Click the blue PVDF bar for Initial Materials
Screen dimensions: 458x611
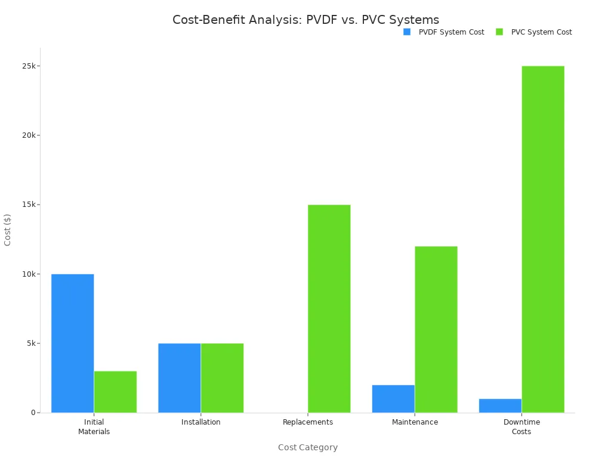pos(72,343)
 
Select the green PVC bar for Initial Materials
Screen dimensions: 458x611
pos(115,392)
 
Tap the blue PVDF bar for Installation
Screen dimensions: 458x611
pos(179,377)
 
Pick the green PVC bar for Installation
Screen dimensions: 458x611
pos(222,377)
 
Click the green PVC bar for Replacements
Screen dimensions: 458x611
pos(329,308)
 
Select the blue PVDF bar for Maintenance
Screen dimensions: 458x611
pos(393,398)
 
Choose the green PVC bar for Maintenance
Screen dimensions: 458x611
pos(436,329)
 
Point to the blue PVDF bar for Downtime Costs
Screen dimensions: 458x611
pos(500,406)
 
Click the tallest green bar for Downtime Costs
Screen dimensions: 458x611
pos(542,239)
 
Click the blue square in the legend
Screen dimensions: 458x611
pos(407,32)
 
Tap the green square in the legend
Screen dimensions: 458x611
pos(499,32)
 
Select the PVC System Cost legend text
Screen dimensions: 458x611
pos(541,32)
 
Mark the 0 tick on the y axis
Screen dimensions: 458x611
pos(34,413)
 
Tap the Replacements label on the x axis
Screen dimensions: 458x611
pos(308,422)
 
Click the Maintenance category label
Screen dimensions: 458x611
pos(415,422)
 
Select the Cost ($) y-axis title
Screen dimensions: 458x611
pos(8,230)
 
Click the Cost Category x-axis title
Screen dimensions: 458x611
pos(308,447)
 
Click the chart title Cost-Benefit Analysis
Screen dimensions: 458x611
pos(305,20)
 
